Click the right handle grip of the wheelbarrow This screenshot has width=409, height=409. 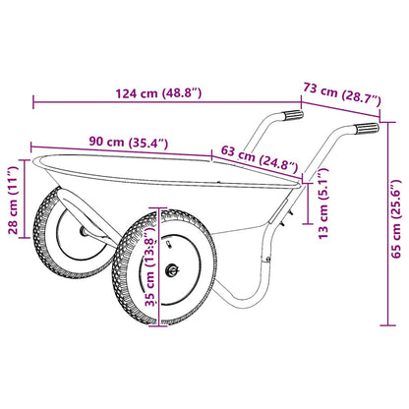tap(363, 130)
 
